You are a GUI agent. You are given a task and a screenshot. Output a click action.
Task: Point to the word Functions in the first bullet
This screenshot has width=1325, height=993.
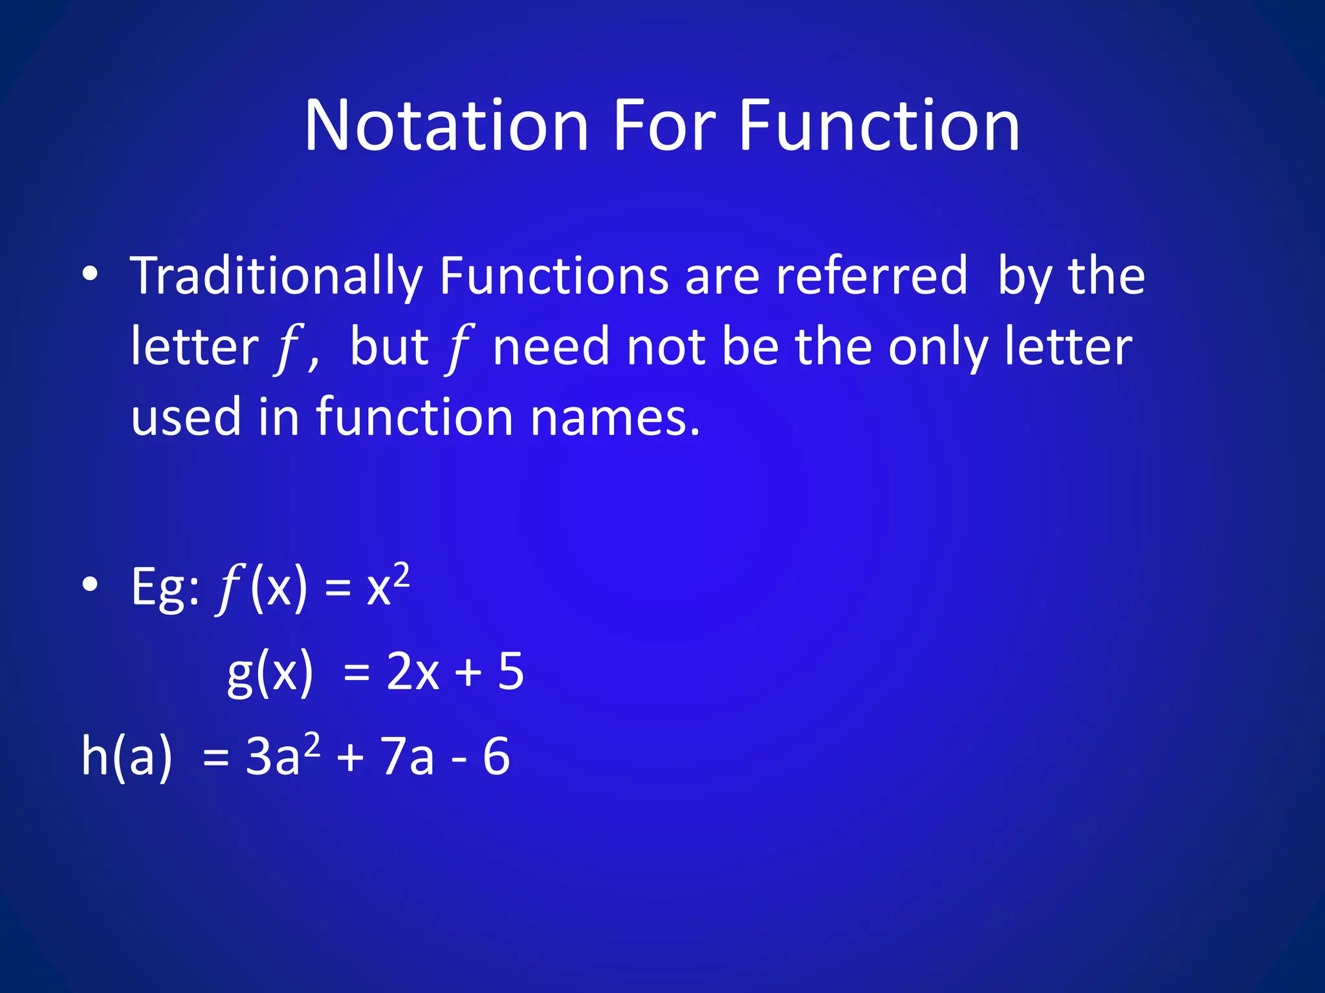pos(554,277)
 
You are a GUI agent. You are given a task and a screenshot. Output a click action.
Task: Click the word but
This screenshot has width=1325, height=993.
pos(389,347)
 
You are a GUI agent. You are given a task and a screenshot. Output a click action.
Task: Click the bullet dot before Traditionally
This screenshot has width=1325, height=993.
pos(90,274)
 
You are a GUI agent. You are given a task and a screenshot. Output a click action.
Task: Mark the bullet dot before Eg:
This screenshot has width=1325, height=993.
pos(90,584)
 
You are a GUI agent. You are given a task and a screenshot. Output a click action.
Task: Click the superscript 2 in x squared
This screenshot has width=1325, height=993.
pos(401,574)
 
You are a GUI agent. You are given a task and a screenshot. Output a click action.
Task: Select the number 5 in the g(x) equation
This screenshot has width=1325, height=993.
pos(510,672)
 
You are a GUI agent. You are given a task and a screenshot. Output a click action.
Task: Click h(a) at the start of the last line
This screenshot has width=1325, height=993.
pos(127,756)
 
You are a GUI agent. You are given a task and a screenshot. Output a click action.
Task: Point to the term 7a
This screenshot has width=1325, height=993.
pos(407,756)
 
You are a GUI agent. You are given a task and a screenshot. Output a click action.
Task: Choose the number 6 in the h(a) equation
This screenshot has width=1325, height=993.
pos(496,756)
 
